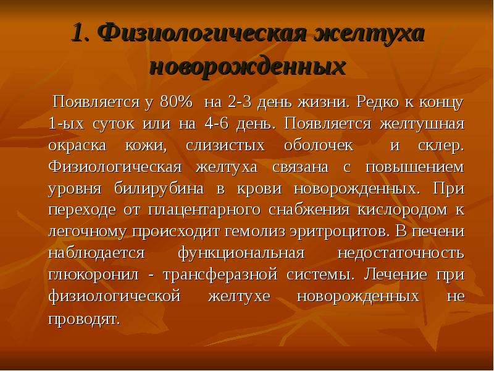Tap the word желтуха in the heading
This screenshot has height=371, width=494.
point(369,33)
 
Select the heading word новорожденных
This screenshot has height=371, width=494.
point(248,67)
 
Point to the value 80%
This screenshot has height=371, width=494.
point(176,102)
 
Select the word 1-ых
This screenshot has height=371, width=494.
point(67,124)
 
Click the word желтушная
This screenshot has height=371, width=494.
point(422,124)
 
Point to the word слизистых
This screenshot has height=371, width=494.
point(225,145)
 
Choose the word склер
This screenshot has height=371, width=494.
point(441,146)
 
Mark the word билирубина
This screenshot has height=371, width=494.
point(159,189)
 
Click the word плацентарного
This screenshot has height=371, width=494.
point(204,210)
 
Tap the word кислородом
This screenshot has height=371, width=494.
point(403,210)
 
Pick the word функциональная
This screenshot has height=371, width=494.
point(241,254)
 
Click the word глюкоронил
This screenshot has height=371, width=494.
point(94,275)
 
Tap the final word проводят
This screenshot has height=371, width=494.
point(85,319)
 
